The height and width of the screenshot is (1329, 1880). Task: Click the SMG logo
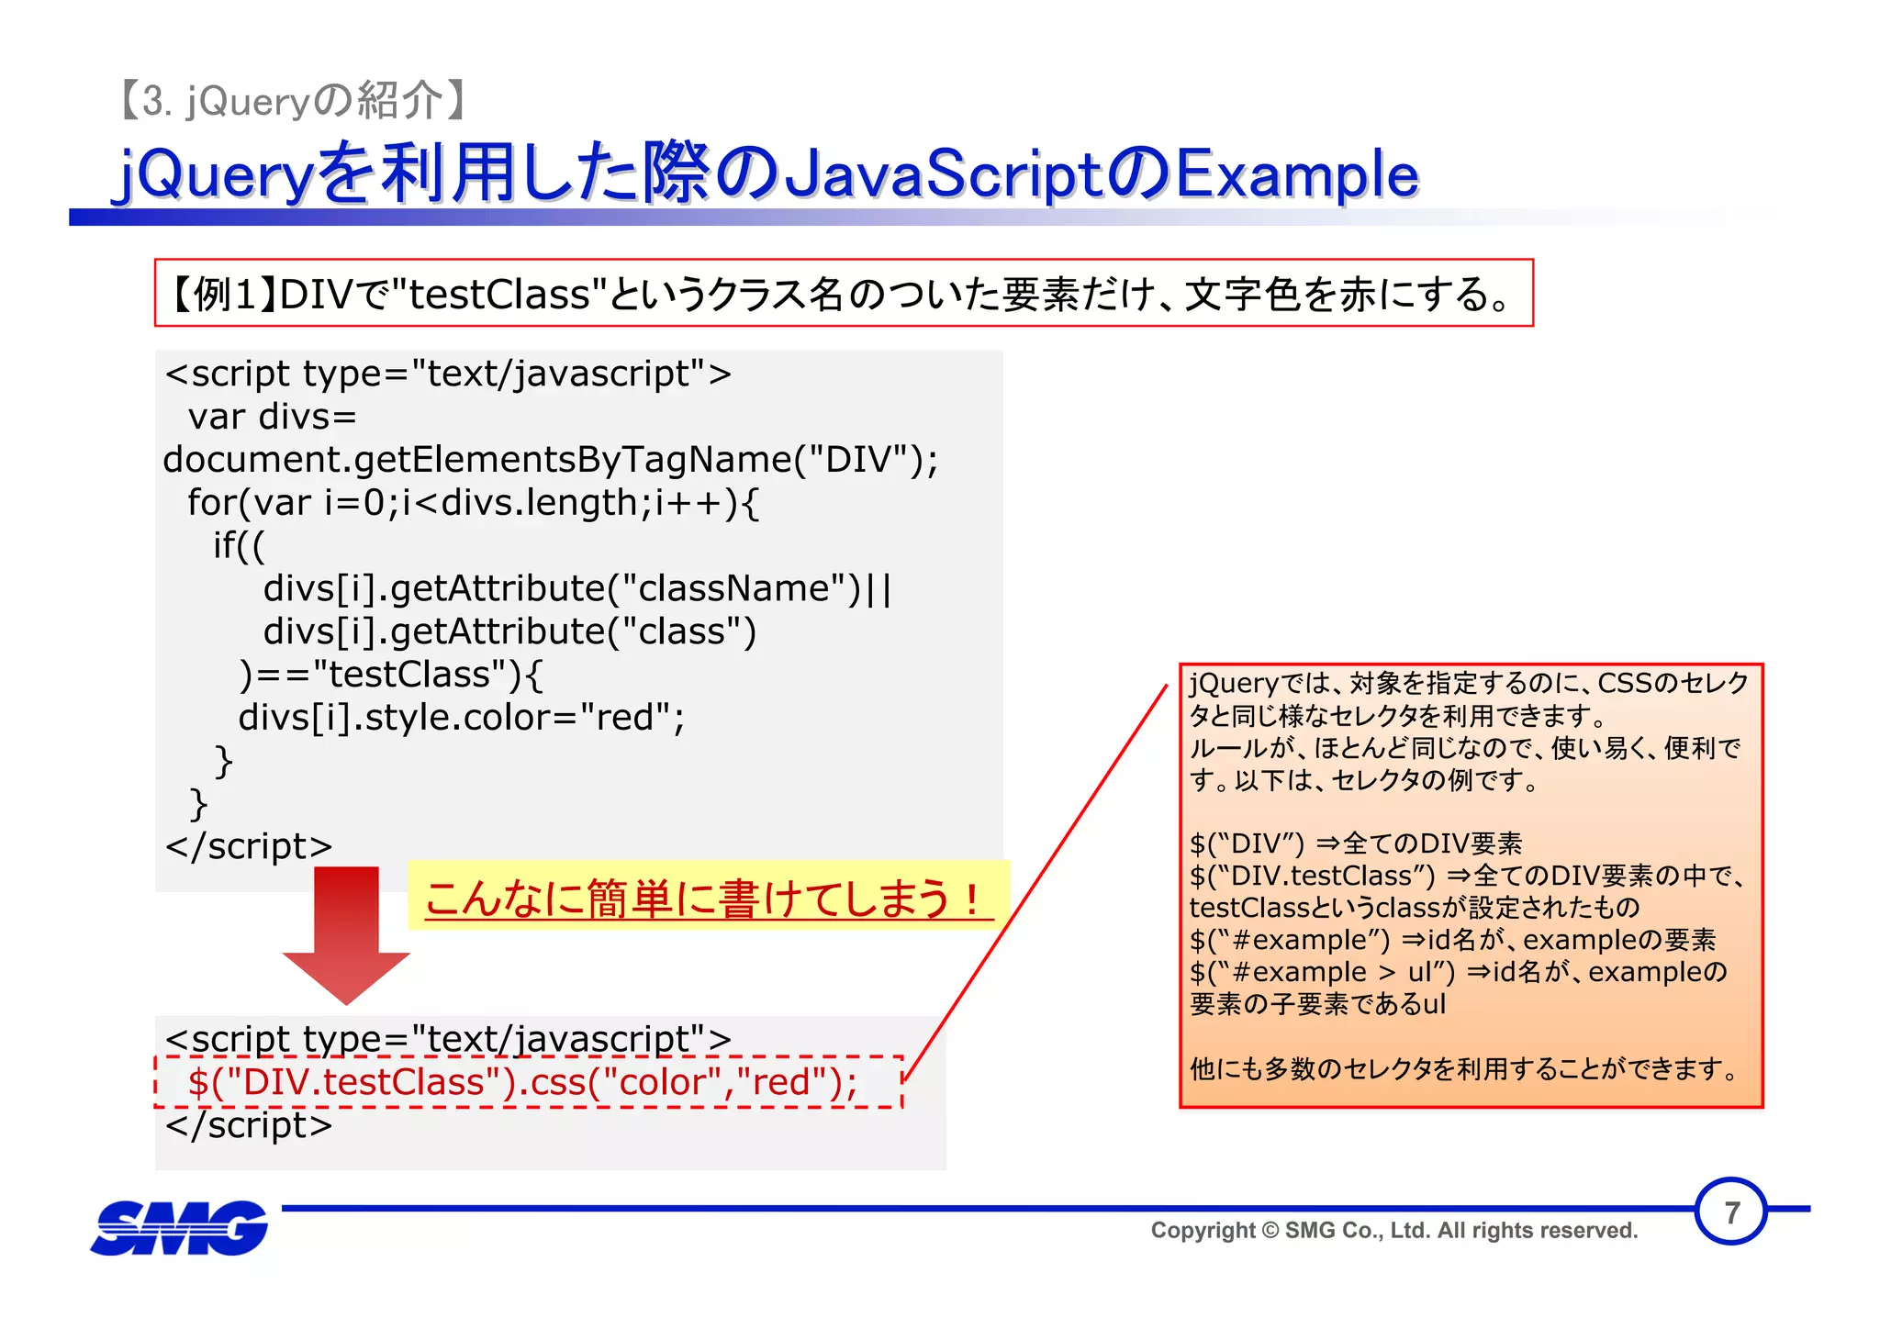coord(179,1228)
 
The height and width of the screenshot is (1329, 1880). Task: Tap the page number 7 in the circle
coord(1730,1212)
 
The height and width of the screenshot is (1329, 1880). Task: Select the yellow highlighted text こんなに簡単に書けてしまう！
coord(707,898)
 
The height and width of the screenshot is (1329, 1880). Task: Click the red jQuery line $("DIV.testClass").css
coord(522,1082)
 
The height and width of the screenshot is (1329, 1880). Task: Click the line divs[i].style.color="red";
coord(461,718)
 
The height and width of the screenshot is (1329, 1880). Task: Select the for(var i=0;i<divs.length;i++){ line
coord(473,502)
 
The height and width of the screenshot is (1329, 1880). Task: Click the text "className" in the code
coord(740,588)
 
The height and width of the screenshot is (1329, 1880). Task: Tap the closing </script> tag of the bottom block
coord(249,1125)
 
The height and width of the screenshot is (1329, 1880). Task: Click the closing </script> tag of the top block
coord(249,846)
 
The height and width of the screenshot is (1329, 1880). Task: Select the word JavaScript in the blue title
coord(946,174)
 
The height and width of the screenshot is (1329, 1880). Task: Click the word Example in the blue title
coord(1296,174)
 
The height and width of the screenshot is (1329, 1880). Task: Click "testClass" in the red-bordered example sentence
coord(499,295)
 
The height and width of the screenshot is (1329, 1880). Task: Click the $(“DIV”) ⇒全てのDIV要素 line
coord(1355,843)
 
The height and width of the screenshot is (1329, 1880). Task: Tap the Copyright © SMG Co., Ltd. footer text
coord(1393,1231)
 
